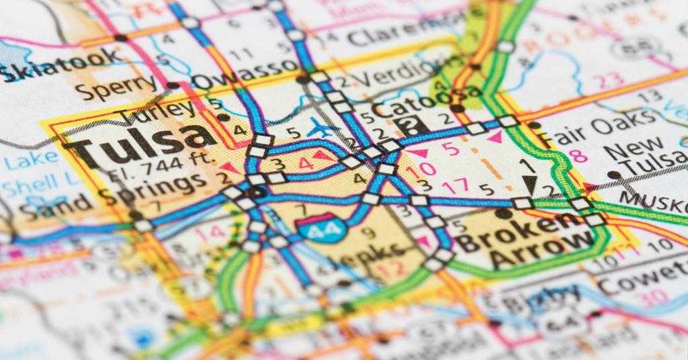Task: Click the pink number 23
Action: pyautogui.click(x=611, y=81)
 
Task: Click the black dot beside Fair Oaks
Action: pyautogui.click(x=534, y=126)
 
